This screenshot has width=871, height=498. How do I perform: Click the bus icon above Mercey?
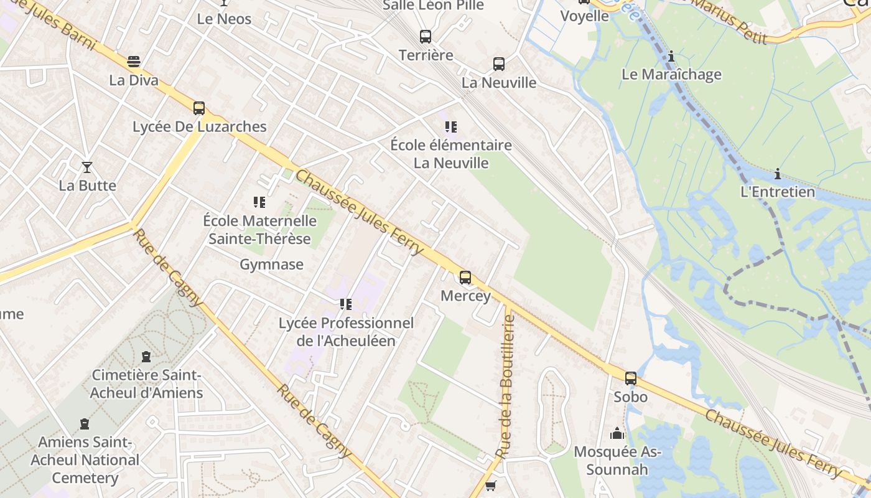click(465, 278)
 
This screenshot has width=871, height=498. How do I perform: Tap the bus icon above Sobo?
click(631, 378)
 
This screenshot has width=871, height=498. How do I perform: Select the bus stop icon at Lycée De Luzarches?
click(199, 108)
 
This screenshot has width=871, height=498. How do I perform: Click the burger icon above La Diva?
click(134, 62)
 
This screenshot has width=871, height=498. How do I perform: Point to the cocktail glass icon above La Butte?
click(87, 167)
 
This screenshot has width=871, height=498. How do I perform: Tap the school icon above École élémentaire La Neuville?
click(451, 127)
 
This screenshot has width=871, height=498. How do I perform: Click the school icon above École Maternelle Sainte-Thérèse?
click(259, 202)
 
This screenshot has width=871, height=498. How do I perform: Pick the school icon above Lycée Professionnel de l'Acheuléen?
click(346, 304)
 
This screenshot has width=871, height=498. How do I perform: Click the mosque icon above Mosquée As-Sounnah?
click(617, 433)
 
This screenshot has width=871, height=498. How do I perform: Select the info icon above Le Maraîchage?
click(671, 56)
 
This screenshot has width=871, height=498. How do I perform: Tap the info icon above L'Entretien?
click(777, 174)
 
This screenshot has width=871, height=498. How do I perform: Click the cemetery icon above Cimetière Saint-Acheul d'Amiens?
click(146, 357)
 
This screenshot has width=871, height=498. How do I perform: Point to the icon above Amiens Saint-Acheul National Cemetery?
click(85, 424)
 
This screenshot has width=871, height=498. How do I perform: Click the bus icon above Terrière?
click(426, 37)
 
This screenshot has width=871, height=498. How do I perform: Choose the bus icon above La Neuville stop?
click(499, 64)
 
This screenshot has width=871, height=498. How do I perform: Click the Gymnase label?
click(272, 265)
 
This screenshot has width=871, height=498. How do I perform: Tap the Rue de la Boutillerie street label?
click(506, 386)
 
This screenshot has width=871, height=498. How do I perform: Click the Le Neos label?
click(224, 19)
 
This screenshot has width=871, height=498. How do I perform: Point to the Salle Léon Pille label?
click(433, 6)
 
